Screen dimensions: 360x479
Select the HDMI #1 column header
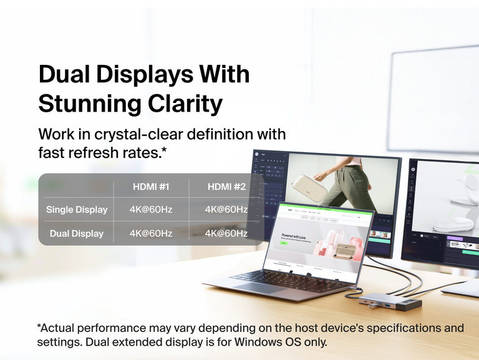pos(151,187)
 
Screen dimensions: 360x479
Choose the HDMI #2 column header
pos(226,187)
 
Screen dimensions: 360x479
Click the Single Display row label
pos(77,210)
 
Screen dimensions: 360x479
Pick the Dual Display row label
pos(77,234)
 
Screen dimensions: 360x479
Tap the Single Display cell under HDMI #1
pos(151,210)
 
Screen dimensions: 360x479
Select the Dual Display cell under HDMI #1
pos(151,234)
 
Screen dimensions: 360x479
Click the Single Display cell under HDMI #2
pos(226,210)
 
